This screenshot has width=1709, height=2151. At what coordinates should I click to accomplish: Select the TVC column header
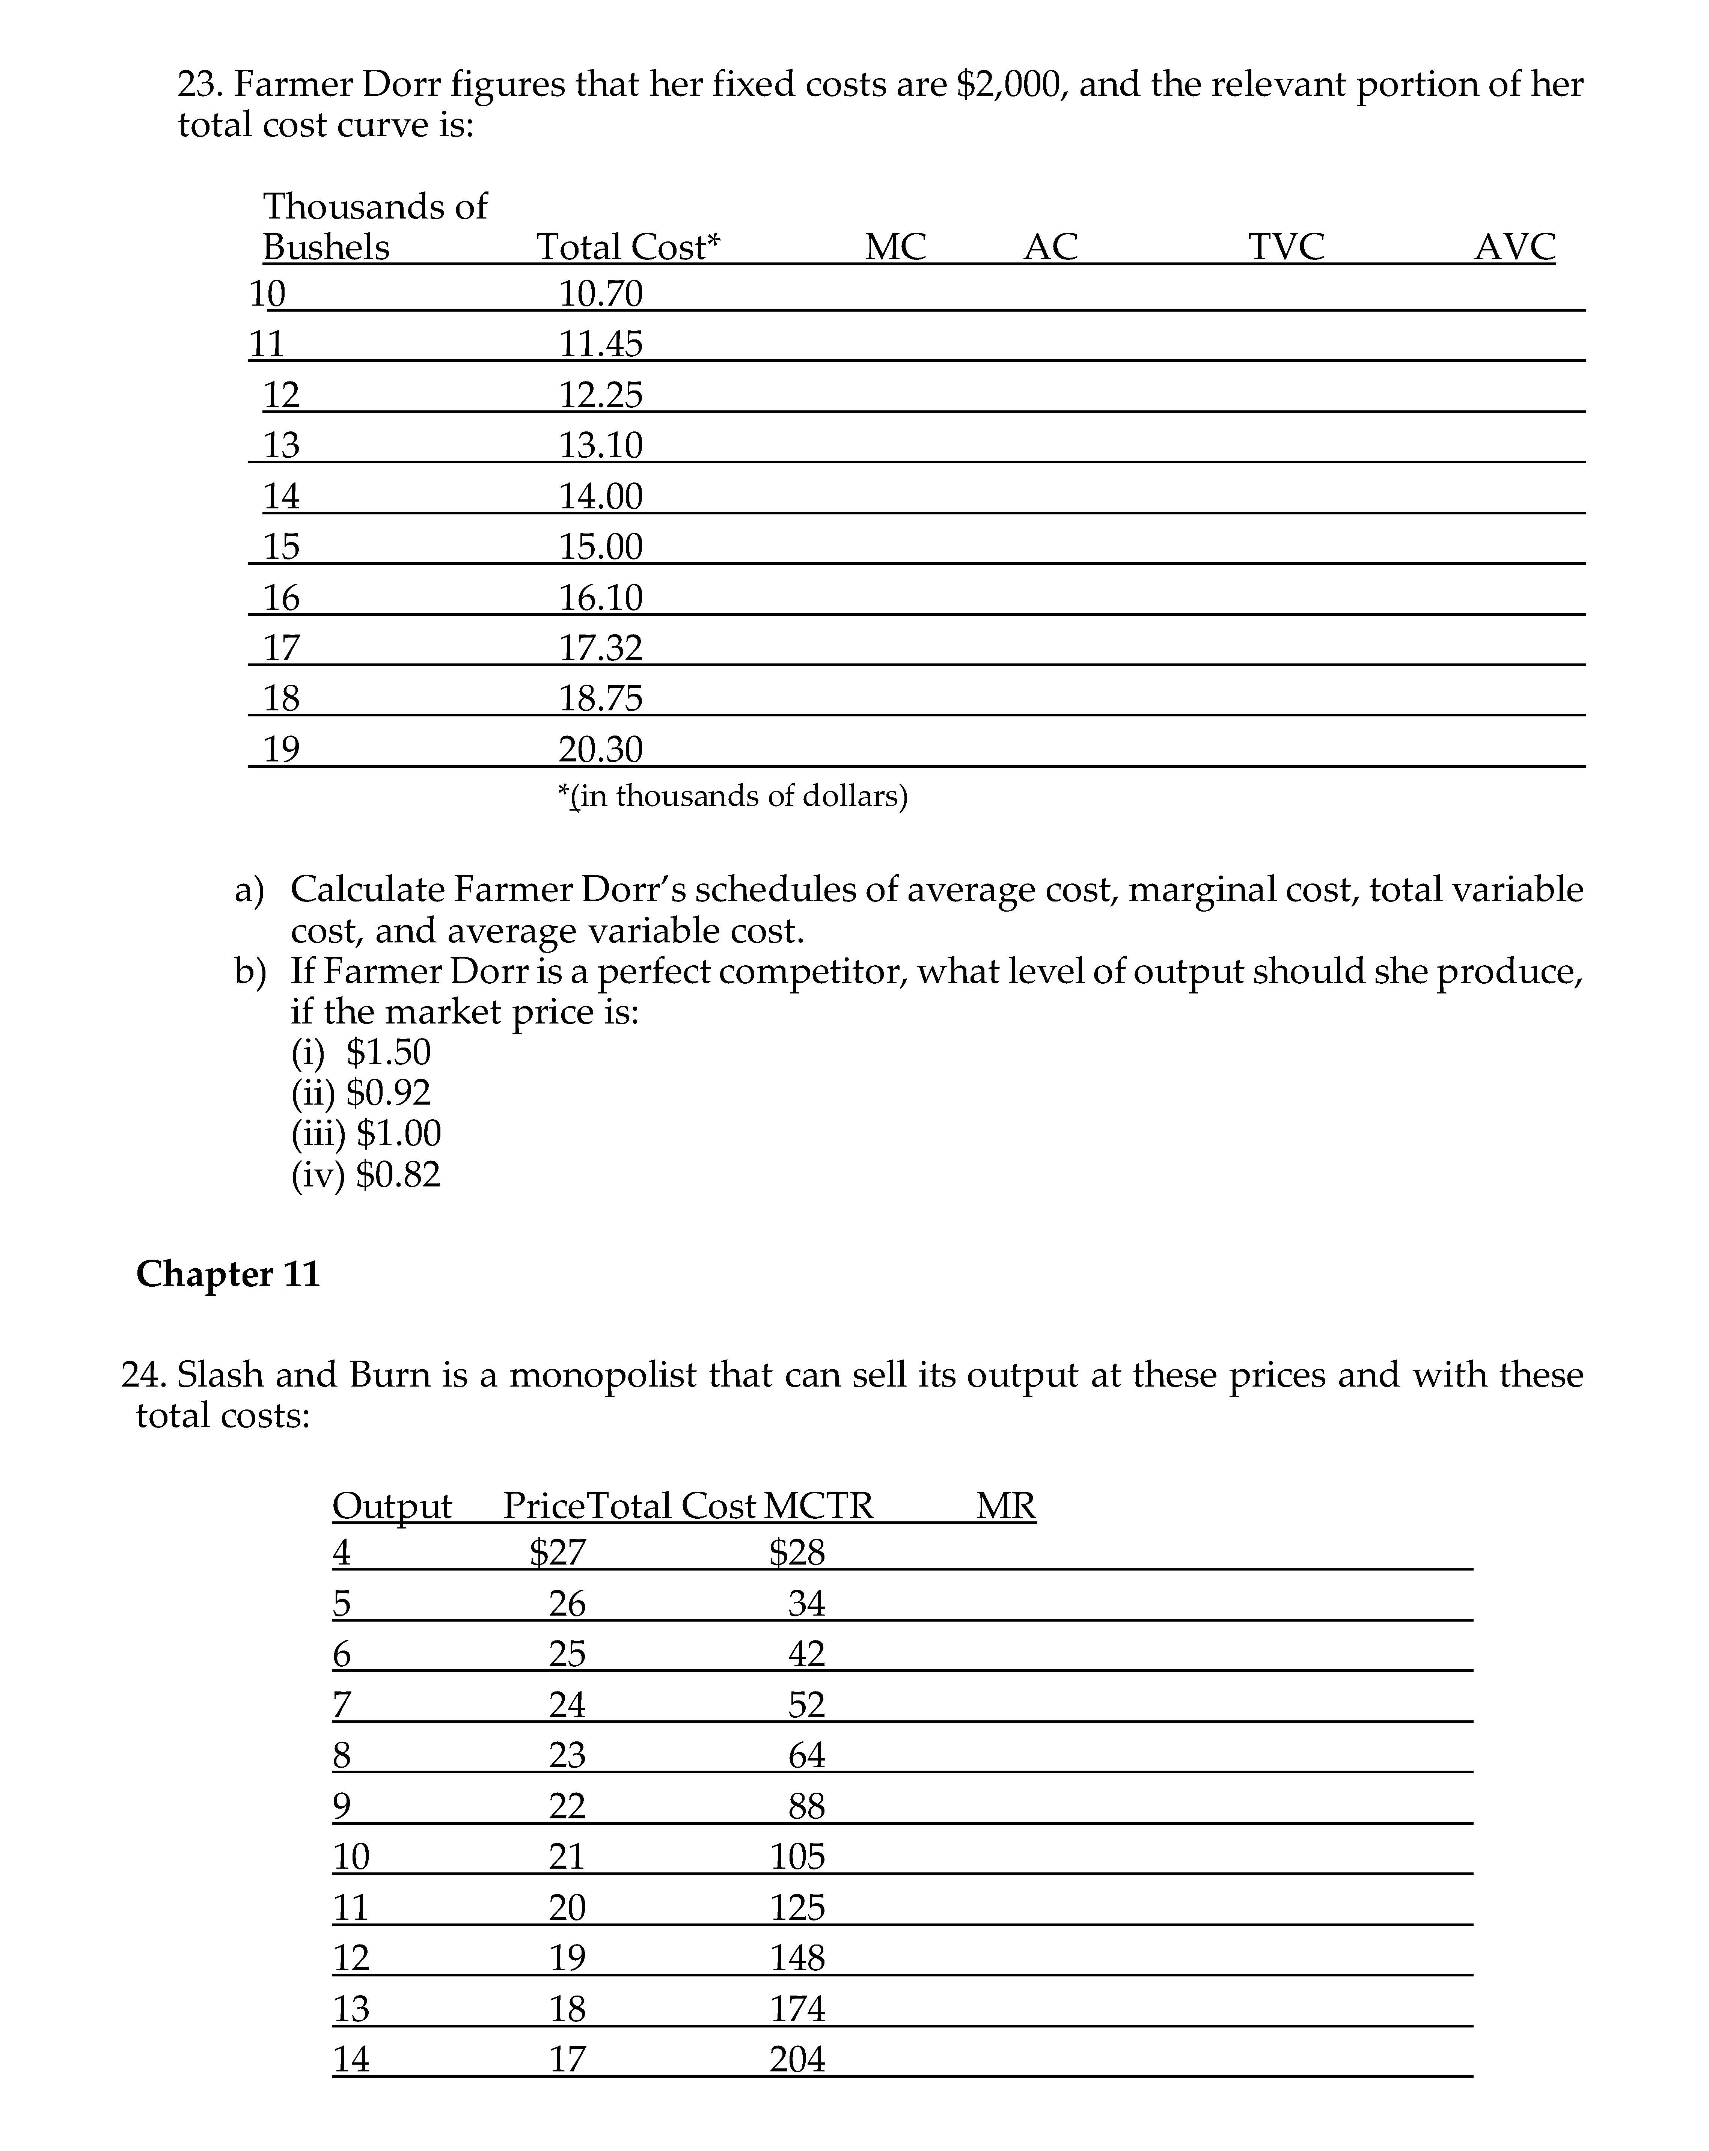click(x=1286, y=246)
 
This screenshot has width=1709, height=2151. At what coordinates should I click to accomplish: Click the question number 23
click(x=200, y=85)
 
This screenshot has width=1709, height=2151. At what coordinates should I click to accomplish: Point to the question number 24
click(x=144, y=1376)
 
